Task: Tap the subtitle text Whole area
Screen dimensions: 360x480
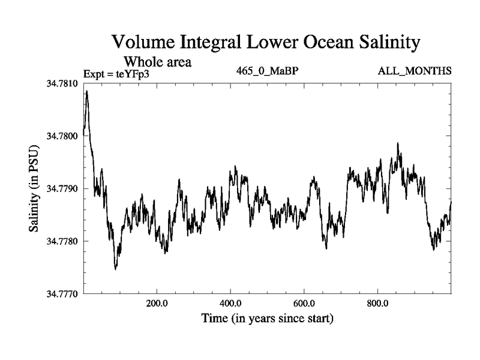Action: [x=157, y=61]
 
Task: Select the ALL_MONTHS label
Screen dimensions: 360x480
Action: [x=415, y=71]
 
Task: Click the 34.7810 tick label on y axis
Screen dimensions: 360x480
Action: [x=64, y=83]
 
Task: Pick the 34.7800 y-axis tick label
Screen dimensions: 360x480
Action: [x=64, y=136]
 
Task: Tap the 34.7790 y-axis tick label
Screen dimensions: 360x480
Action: [x=64, y=189]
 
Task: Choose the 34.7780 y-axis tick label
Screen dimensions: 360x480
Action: [x=64, y=241]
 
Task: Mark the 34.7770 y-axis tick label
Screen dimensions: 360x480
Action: [x=64, y=294]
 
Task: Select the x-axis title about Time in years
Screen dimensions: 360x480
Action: [x=267, y=318]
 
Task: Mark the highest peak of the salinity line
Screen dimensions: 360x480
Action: [x=87, y=91]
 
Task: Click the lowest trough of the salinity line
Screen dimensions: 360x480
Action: [x=115, y=269]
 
